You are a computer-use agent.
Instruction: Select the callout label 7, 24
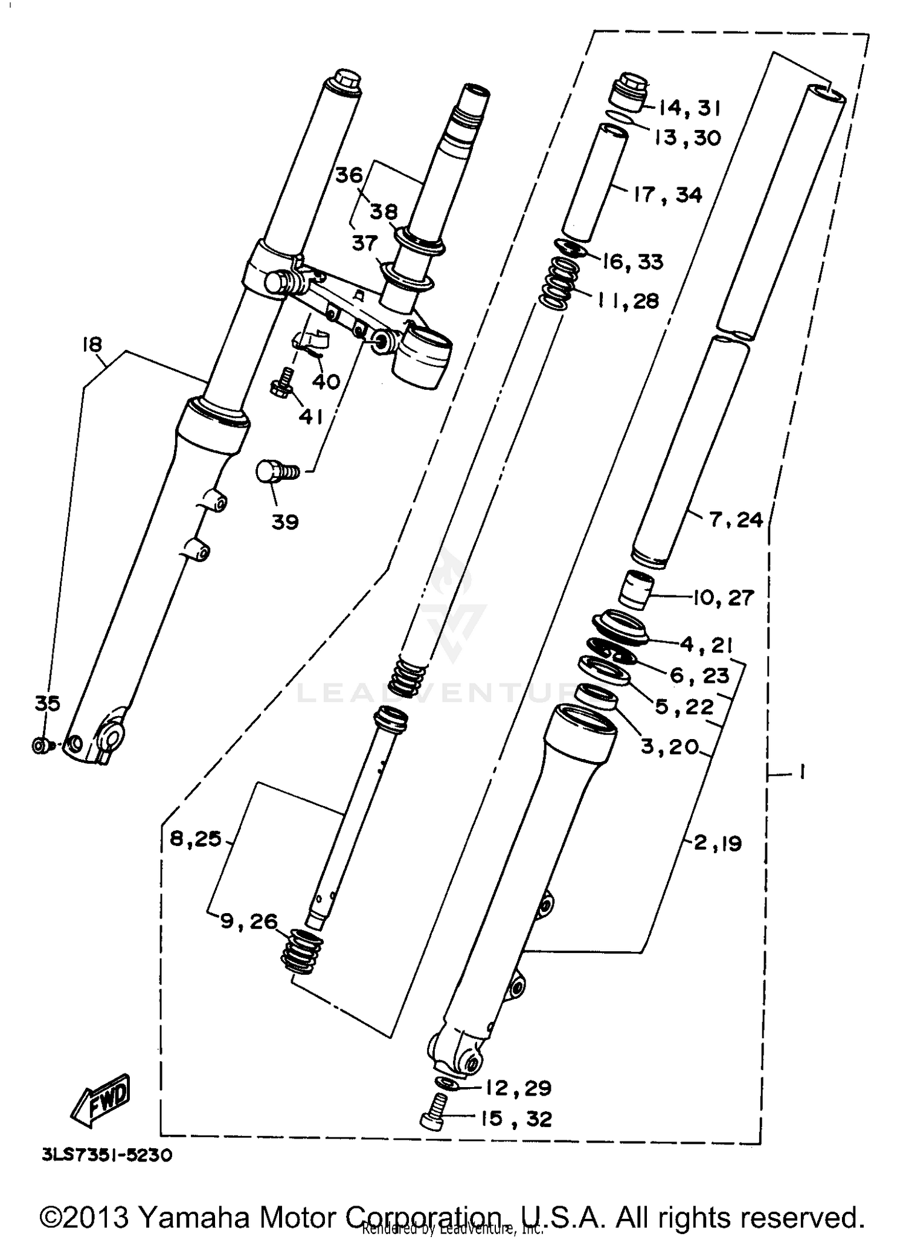pyautogui.click(x=736, y=520)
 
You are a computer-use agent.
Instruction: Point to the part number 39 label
pyautogui.click(x=285, y=522)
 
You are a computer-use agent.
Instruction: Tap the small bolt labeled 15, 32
pyautogui.click(x=432, y=1119)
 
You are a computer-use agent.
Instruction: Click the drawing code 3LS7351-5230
pyautogui.click(x=108, y=1155)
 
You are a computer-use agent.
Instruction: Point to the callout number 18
pyautogui.click(x=92, y=344)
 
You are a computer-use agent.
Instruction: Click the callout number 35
pyautogui.click(x=47, y=703)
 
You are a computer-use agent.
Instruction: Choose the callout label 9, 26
pyautogui.click(x=249, y=922)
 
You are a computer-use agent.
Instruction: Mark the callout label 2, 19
pyautogui.click(x=718, y=843)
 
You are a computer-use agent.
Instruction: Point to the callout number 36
pyautogui.click(x=349, y=176)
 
